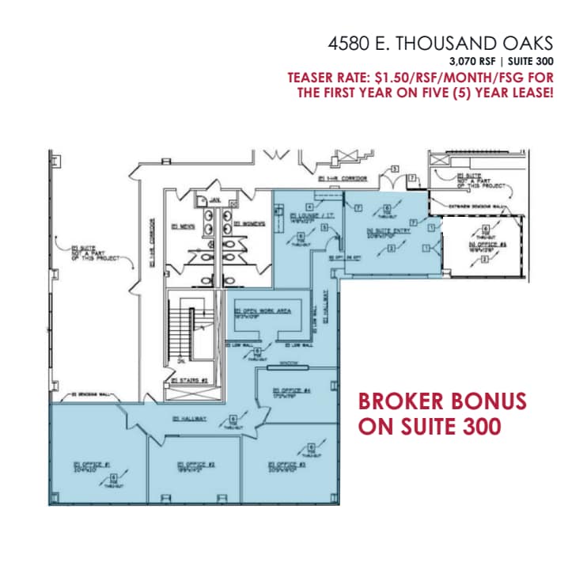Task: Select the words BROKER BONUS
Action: (443, 401)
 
